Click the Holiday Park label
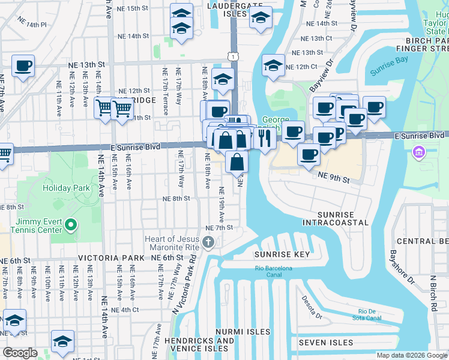[x=66, y=188]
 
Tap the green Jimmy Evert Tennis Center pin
[x=71, y=226]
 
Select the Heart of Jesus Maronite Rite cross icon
[x=208, y=242]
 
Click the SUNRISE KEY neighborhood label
[x=282, y=254]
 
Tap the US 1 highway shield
[x=232, y=56]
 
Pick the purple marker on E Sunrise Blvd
[x=418, y=153]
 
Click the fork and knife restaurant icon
[x=264, y=139]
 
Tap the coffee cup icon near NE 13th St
[x=23, y=66]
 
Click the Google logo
[x=20, y=353]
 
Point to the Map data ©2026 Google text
[x=412, y=355]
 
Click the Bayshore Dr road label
[x=402, y=267]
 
